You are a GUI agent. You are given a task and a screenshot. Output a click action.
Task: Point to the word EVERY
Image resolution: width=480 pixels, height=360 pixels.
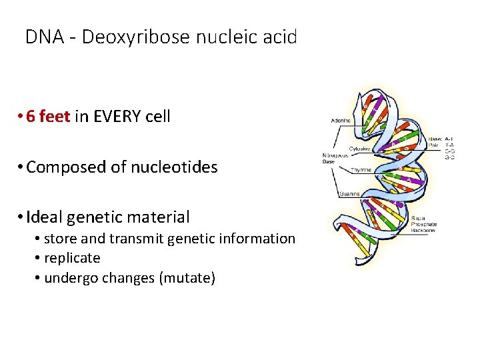[120, 117]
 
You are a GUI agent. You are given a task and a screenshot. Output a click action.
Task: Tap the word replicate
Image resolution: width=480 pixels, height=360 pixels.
[72, 257]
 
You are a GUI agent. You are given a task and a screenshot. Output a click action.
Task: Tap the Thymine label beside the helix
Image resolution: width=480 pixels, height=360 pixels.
[361, 170]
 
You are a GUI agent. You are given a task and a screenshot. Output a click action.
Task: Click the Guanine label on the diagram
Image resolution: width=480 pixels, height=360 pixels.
[349, 194]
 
